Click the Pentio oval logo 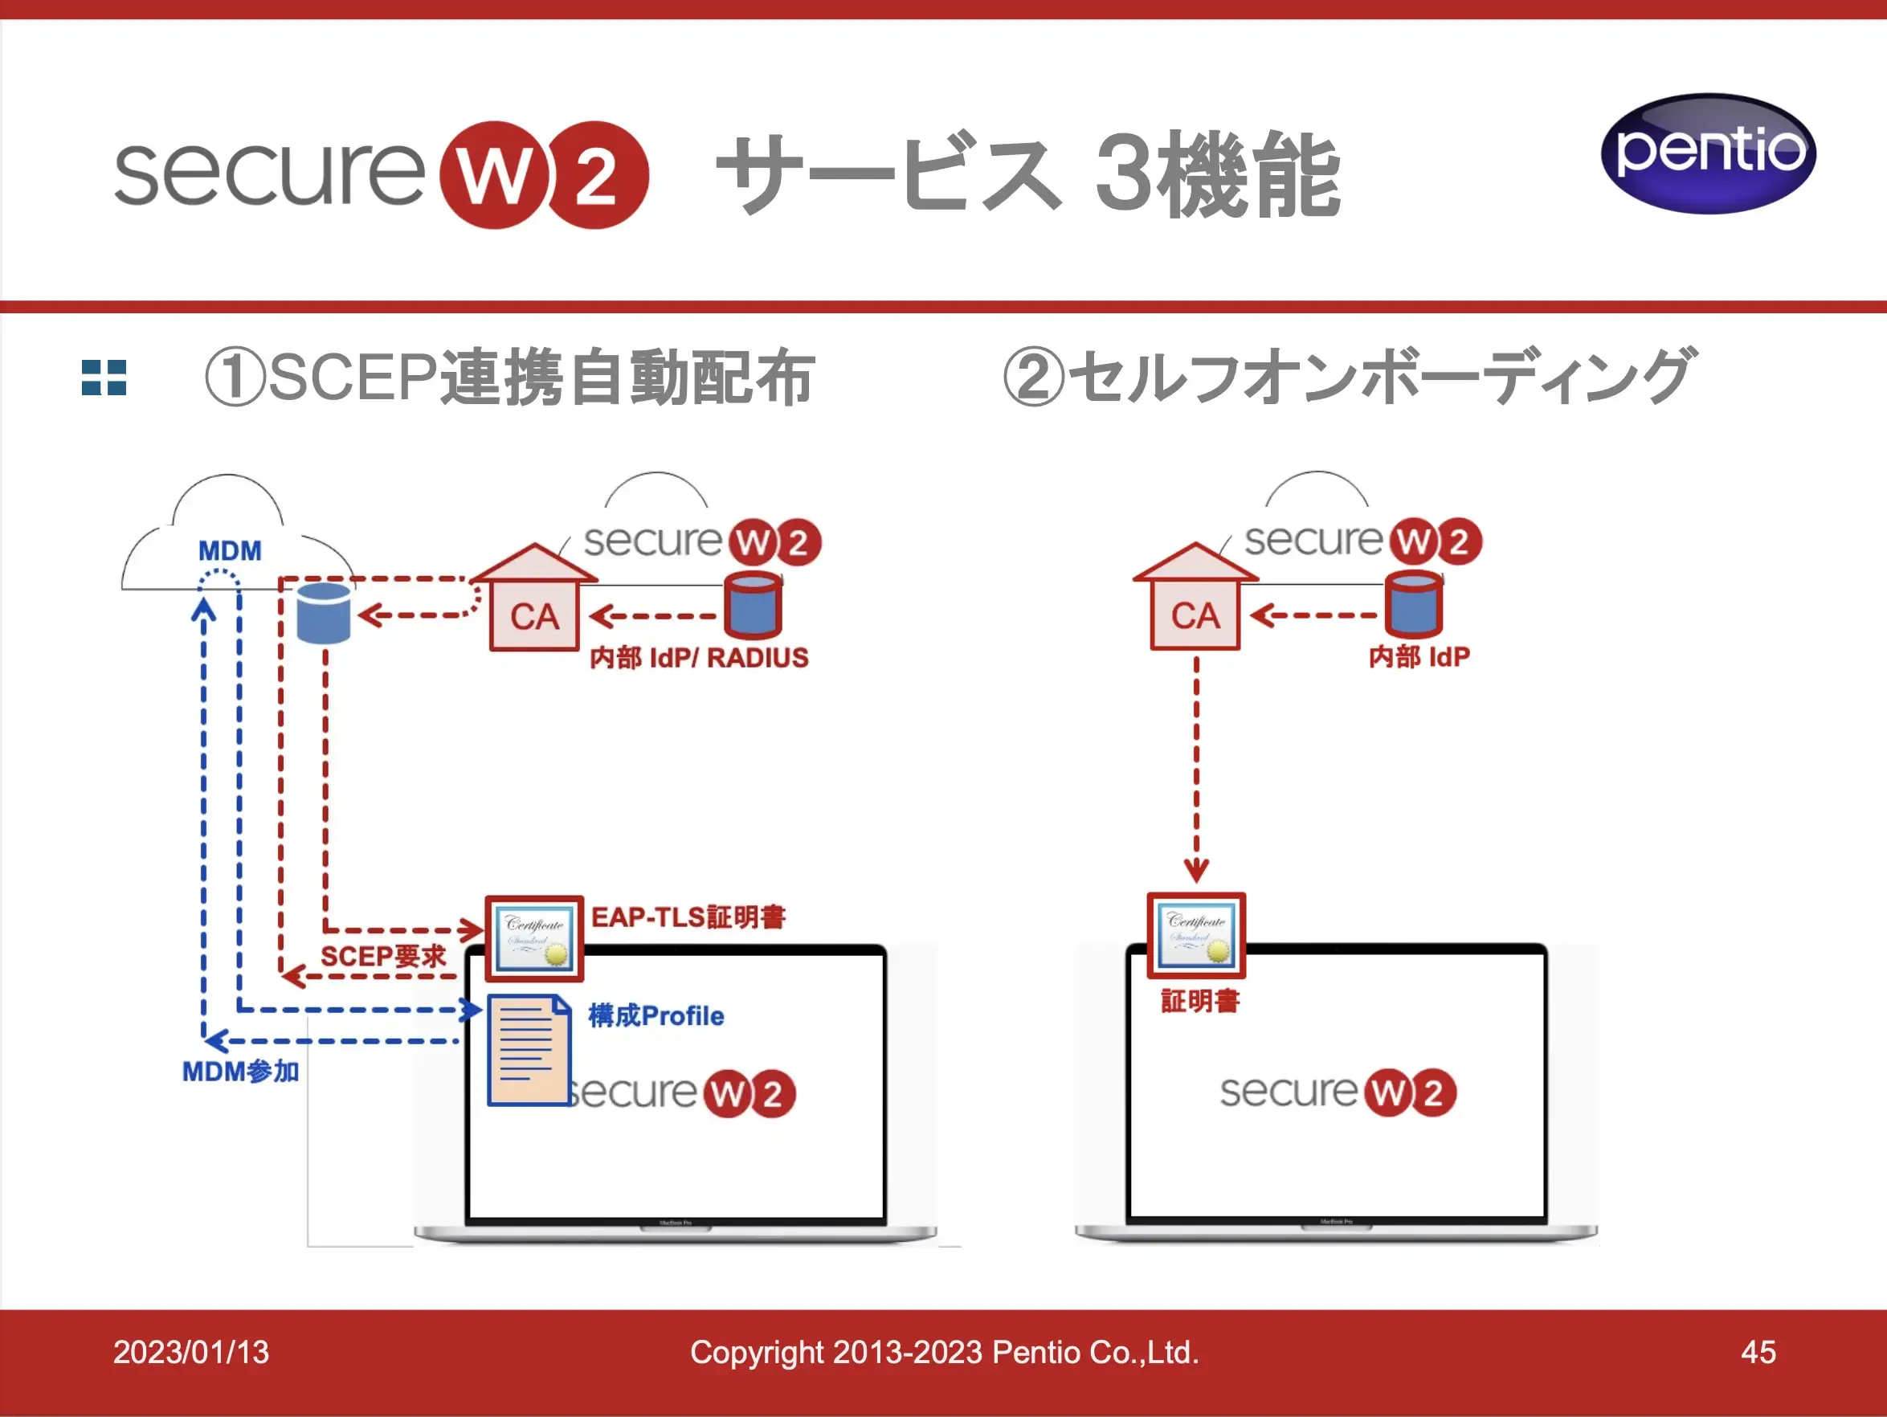click(x=1708, y=153)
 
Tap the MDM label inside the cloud click(x=230, y=551)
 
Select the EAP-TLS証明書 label click(x=688, y=917)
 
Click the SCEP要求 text click(x=383, y=957)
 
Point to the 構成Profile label click(x=656, y=1016)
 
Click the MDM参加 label click(x=240, y=1072)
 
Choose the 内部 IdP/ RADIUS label click(x=699, y=658)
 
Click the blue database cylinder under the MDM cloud click(x=323, y=613)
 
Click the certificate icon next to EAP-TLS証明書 click(x=534, y=938)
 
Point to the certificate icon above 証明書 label click(x=1196, y=935)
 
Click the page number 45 click(x=1758, y=1352)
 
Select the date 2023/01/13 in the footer click(x=191, y=1352)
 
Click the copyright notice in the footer click(x=945, y=1352)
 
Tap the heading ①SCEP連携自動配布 click(x=509, y=377)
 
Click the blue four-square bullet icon click(x=104, y=377)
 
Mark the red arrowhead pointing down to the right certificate click(x=1196, y=871)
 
